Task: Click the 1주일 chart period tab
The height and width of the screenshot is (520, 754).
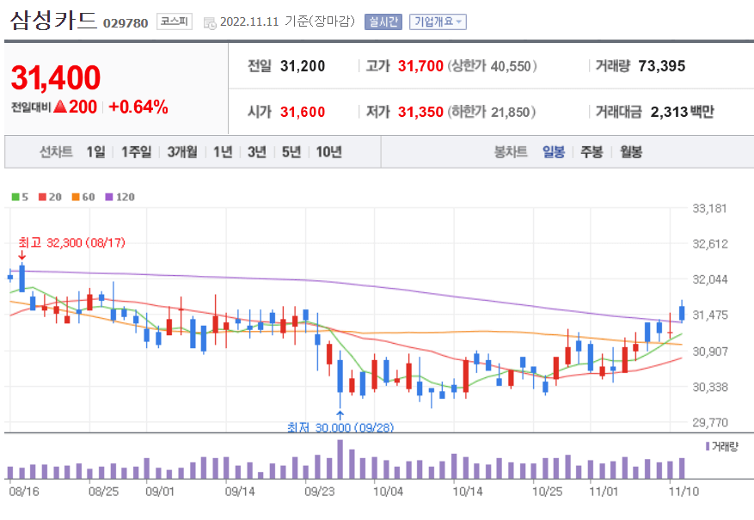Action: pyautogui.click(x=136, y=152)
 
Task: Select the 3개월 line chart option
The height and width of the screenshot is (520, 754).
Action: pyautogui.click(x=182, y=152)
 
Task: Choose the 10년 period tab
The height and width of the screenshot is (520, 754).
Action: pyautogui.click(x=328, y=152)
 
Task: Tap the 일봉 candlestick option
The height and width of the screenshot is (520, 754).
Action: pyautogui.click(x=553, y=152)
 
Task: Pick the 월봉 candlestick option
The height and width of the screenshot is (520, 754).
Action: pyautogui.click(x=630, y=152)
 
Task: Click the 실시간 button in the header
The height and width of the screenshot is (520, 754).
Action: pyautogui.click(x=383, y=21)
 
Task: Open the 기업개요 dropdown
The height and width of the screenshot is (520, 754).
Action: pyautogui.click(x=438, y=21)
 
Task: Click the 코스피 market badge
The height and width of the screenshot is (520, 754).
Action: pyautogui.click(x=175, y=21)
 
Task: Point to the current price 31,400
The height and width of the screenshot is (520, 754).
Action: pyautogui.click(x=56, y=78)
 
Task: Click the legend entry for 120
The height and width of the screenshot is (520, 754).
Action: pyautogui.click(x=120, y=197)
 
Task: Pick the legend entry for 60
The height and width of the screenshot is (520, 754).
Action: pyautogui.click(x=83, y=197)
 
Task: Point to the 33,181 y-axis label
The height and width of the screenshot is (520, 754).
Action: pyautogui.click(x=710, y=208)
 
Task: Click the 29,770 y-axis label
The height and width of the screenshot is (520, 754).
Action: pyautogui.click(x=710, y=422)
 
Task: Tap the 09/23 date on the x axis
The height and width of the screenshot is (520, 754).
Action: pyautogui.click(x=319, y=492)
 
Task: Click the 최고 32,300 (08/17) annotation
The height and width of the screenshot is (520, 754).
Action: pyautogui.click(x=71, y=242)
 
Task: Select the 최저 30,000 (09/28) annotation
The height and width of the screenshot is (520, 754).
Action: pyautogui.click(x=340, y=427)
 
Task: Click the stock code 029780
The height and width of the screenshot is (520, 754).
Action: pyautogui.click(x=126, y=22)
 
